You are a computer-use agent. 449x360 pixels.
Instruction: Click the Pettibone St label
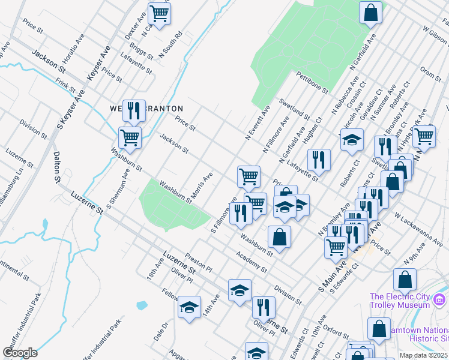[x=312, y=82]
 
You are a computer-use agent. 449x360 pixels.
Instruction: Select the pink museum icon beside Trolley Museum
[x=440, y=299]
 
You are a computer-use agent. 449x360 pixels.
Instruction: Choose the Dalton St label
[x=57, y=166]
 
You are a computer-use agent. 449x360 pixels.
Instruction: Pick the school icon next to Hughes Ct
[x=352, y=141]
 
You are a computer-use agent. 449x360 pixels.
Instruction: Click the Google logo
[x=20, y=352]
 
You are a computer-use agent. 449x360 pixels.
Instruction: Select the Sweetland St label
[x=294, y=109]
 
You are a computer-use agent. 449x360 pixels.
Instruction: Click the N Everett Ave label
[x=258, y=122]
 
